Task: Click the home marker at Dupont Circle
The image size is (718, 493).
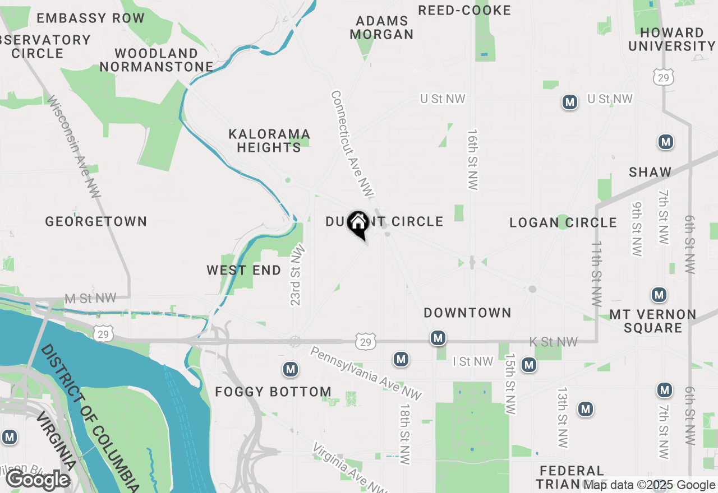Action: [x=358, y=223]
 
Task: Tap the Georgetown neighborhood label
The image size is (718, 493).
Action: [x=96, y=222]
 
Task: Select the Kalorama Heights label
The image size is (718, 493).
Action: [x=269, y=141]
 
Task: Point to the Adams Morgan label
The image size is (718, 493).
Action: [x=382, y=28]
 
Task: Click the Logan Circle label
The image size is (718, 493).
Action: [x=563, y=223]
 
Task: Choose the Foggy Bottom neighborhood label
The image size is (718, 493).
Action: [x=273, y=392]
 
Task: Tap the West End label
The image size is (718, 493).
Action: [x=244, y=271]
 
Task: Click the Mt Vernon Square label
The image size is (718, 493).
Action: [x=652, y=321]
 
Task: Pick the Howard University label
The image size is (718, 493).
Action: [x=671, y=39]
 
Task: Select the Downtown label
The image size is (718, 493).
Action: [x=467, y=313]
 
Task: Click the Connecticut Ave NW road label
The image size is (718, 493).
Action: [x=352, y=144]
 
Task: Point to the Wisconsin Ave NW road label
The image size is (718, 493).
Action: [x=73, y=147]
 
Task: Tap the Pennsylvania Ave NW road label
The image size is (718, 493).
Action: [x=365, y=373]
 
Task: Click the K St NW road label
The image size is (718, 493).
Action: [x=554, y=342]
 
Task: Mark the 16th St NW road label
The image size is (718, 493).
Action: [x=473, y=160]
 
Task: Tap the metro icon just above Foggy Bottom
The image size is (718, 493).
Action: [x=290, y=369]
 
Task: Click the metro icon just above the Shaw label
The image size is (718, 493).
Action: [x=666, y=142]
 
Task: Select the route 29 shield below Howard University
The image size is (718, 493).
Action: [x=664, y=77]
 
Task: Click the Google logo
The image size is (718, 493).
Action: [x=38, y=480]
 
